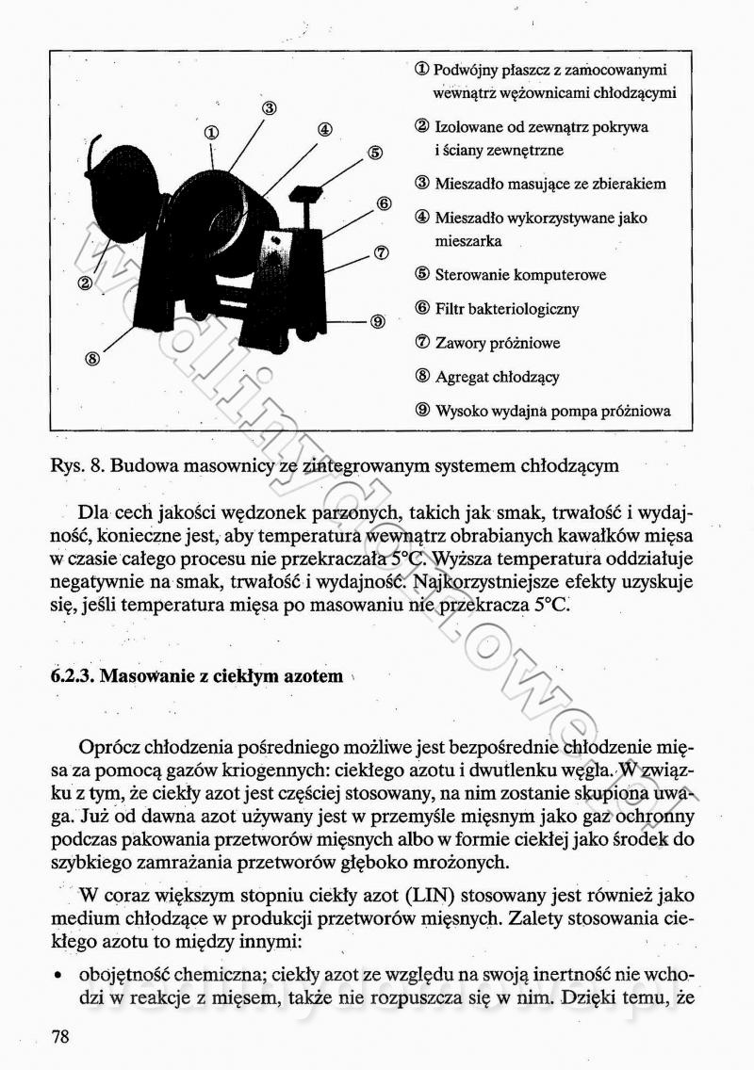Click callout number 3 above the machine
pos(269,107)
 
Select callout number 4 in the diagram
pos(323,130)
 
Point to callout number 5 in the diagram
pos(374,153)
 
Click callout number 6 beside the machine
pos(384,203)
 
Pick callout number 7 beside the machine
pos(381,252)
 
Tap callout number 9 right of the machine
pos(377,321)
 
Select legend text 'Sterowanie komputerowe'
pos(520,275)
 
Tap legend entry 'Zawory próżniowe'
pos(498,343)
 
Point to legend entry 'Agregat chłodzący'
pos(497,377)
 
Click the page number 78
pos(60,1037)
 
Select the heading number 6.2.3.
pos(73,676)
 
